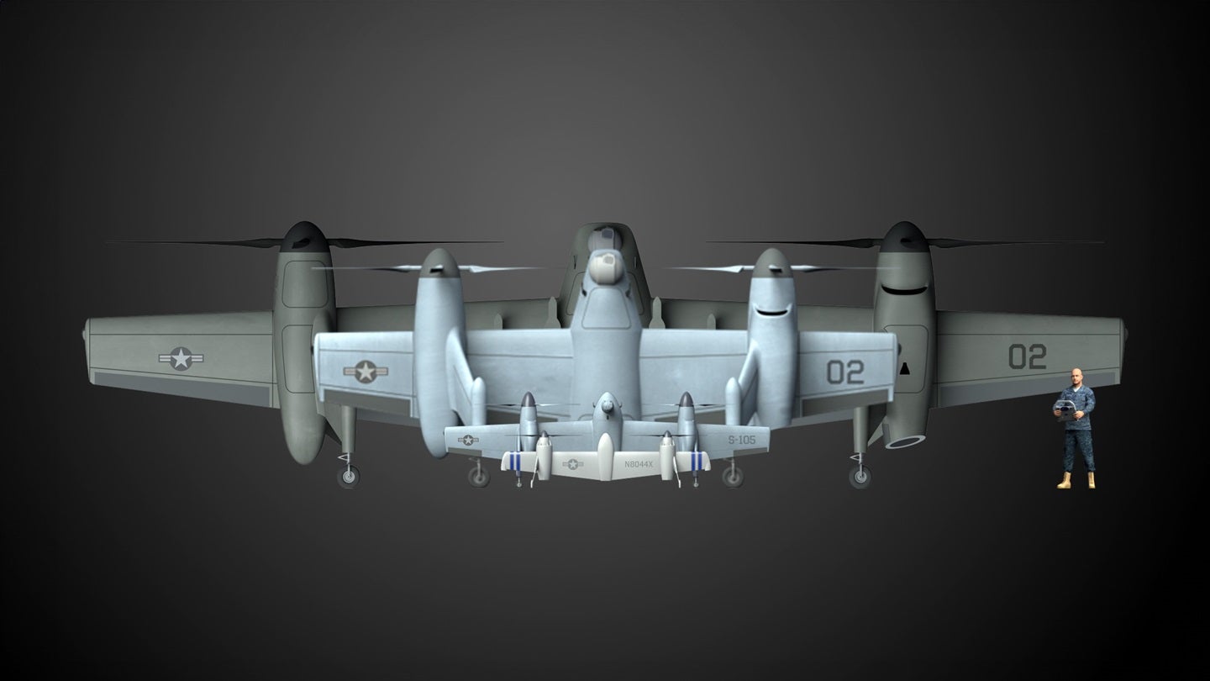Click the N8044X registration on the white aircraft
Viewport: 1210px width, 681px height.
click(639, 464)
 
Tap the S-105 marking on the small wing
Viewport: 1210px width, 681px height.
click(742, 440)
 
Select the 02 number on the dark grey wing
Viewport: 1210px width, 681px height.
click(1028, 356)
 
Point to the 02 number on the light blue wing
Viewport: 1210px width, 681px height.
click(845, 372)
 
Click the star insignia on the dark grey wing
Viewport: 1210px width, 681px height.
click(181, 358)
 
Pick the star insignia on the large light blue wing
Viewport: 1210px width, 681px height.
click(366, 372)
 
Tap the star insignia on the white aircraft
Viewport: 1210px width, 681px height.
click(572, 464)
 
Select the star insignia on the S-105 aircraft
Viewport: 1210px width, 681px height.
click(468, 440)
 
